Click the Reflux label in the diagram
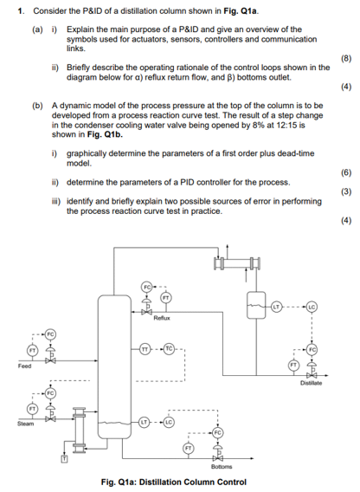pos(160,318)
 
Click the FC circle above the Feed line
pos(49,333)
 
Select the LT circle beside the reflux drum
pos(277,305)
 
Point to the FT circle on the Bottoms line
pos(190,448)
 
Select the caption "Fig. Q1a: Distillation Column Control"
pos(180,482)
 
